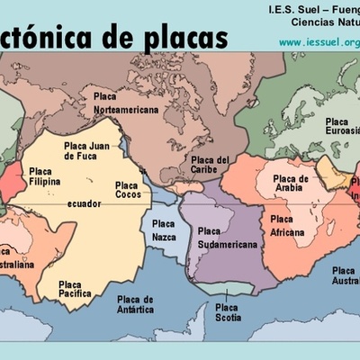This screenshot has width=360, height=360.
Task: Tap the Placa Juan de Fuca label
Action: tap(85, 150)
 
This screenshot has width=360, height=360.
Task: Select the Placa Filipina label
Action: tap(44, 175)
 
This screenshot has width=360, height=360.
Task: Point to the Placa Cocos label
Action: tap(127, 190)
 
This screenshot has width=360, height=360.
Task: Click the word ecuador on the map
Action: tap(84, 204)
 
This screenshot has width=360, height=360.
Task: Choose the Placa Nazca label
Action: tap(164, 229)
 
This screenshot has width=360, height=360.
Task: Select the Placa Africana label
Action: tap(288, 225)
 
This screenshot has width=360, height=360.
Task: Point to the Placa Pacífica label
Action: tap(76, 288)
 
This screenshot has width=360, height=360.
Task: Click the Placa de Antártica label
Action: tap(135, 304)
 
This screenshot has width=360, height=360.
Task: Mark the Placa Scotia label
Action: tap(227, 311)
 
